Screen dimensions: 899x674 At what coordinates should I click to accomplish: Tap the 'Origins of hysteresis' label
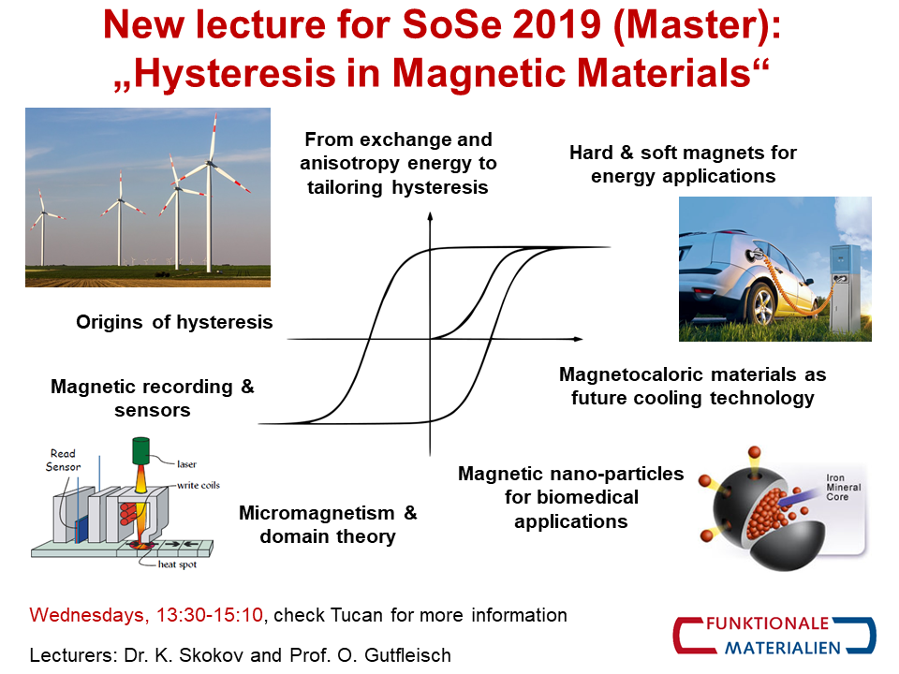coord(174,322)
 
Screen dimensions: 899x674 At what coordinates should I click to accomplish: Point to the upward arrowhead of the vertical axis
coord(430,216)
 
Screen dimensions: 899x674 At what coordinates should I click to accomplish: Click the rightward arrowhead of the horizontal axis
coord(578,339)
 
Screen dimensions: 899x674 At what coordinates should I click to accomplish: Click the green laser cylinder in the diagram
coord(140,450)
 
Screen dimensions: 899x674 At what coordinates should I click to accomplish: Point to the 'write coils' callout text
coord(199,486)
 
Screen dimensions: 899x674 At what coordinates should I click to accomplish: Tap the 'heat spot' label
coord(177,564)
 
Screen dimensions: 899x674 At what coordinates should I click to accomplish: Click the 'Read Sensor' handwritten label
coord(63,461)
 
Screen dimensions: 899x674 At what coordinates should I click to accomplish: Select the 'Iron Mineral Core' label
coord(844,487)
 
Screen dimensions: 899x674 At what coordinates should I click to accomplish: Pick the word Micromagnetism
coord(317,513)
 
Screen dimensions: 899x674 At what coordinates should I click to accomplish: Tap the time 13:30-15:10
coord(210,615)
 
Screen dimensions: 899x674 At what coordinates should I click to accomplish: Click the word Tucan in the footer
coord(357,615)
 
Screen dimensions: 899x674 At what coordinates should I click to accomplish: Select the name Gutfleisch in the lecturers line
coord(407,655)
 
